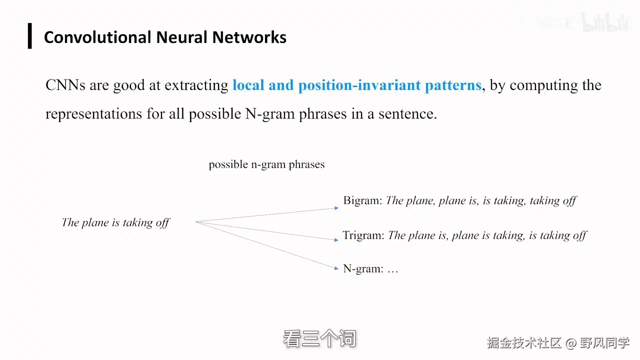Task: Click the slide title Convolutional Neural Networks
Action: (x=165, y=37)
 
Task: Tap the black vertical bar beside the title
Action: (x=30, y=36)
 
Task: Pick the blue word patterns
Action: (x=452, y=85)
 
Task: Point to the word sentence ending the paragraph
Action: (x=408, y=113)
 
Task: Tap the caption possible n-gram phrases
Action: (x=266, y=164)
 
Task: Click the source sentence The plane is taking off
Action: (x=115, y=222)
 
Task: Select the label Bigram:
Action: (x=362, y=201)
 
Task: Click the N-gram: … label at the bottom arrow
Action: (x=370, y=268)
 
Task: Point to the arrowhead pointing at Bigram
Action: (x=336, y=207)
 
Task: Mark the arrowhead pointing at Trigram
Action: (x=336, y=239)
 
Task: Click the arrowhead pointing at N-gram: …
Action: (x=336, y=268)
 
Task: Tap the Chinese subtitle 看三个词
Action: (x=319, y=339)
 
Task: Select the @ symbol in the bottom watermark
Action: (x=571, y=343)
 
